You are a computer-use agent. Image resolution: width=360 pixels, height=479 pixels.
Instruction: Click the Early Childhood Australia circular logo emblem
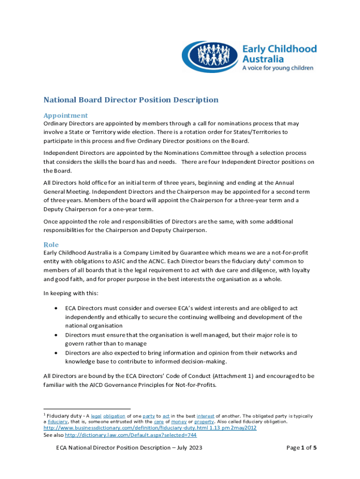tap(210, 57)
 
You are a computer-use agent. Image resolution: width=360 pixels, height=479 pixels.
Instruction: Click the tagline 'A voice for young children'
tap(278, 68)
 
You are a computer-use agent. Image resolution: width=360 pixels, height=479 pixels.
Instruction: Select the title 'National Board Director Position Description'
tap(131, 100)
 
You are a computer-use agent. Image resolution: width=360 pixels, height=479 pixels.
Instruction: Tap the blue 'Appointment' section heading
tap(65, 115)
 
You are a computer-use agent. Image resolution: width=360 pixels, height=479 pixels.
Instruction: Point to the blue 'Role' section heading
tap(51, 244)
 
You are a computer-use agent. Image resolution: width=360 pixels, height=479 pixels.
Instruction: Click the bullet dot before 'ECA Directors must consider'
tap(57, 309)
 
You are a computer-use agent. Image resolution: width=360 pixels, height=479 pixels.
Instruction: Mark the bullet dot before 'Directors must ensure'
tap(57, 335)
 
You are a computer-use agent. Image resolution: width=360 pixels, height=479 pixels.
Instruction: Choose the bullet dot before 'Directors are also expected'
tap(57, 353)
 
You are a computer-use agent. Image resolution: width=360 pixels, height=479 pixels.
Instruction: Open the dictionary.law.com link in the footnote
tap(130, 435)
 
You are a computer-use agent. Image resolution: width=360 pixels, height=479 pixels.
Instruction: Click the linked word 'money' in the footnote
tap(179, 421)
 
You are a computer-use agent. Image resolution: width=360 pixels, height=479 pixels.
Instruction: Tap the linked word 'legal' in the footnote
tap(96, 416)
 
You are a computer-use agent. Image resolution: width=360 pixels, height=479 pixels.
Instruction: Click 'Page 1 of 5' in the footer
tap(302, 448)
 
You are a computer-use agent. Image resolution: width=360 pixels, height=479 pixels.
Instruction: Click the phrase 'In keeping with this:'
tap(71, 293)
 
